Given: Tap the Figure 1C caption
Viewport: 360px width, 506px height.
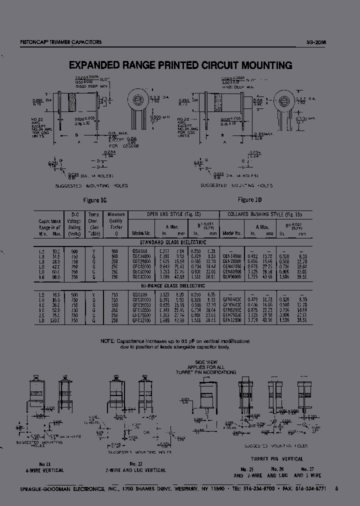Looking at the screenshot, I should tap(97, 199).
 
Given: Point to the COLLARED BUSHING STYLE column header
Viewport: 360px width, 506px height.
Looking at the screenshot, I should tap(265, 214).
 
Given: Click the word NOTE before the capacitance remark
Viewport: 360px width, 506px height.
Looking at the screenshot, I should tap(108, 340).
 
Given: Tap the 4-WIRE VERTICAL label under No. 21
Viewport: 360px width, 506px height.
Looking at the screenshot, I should tap(46, 470).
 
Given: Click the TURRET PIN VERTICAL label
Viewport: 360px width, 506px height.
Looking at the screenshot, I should tap(276, 458).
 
